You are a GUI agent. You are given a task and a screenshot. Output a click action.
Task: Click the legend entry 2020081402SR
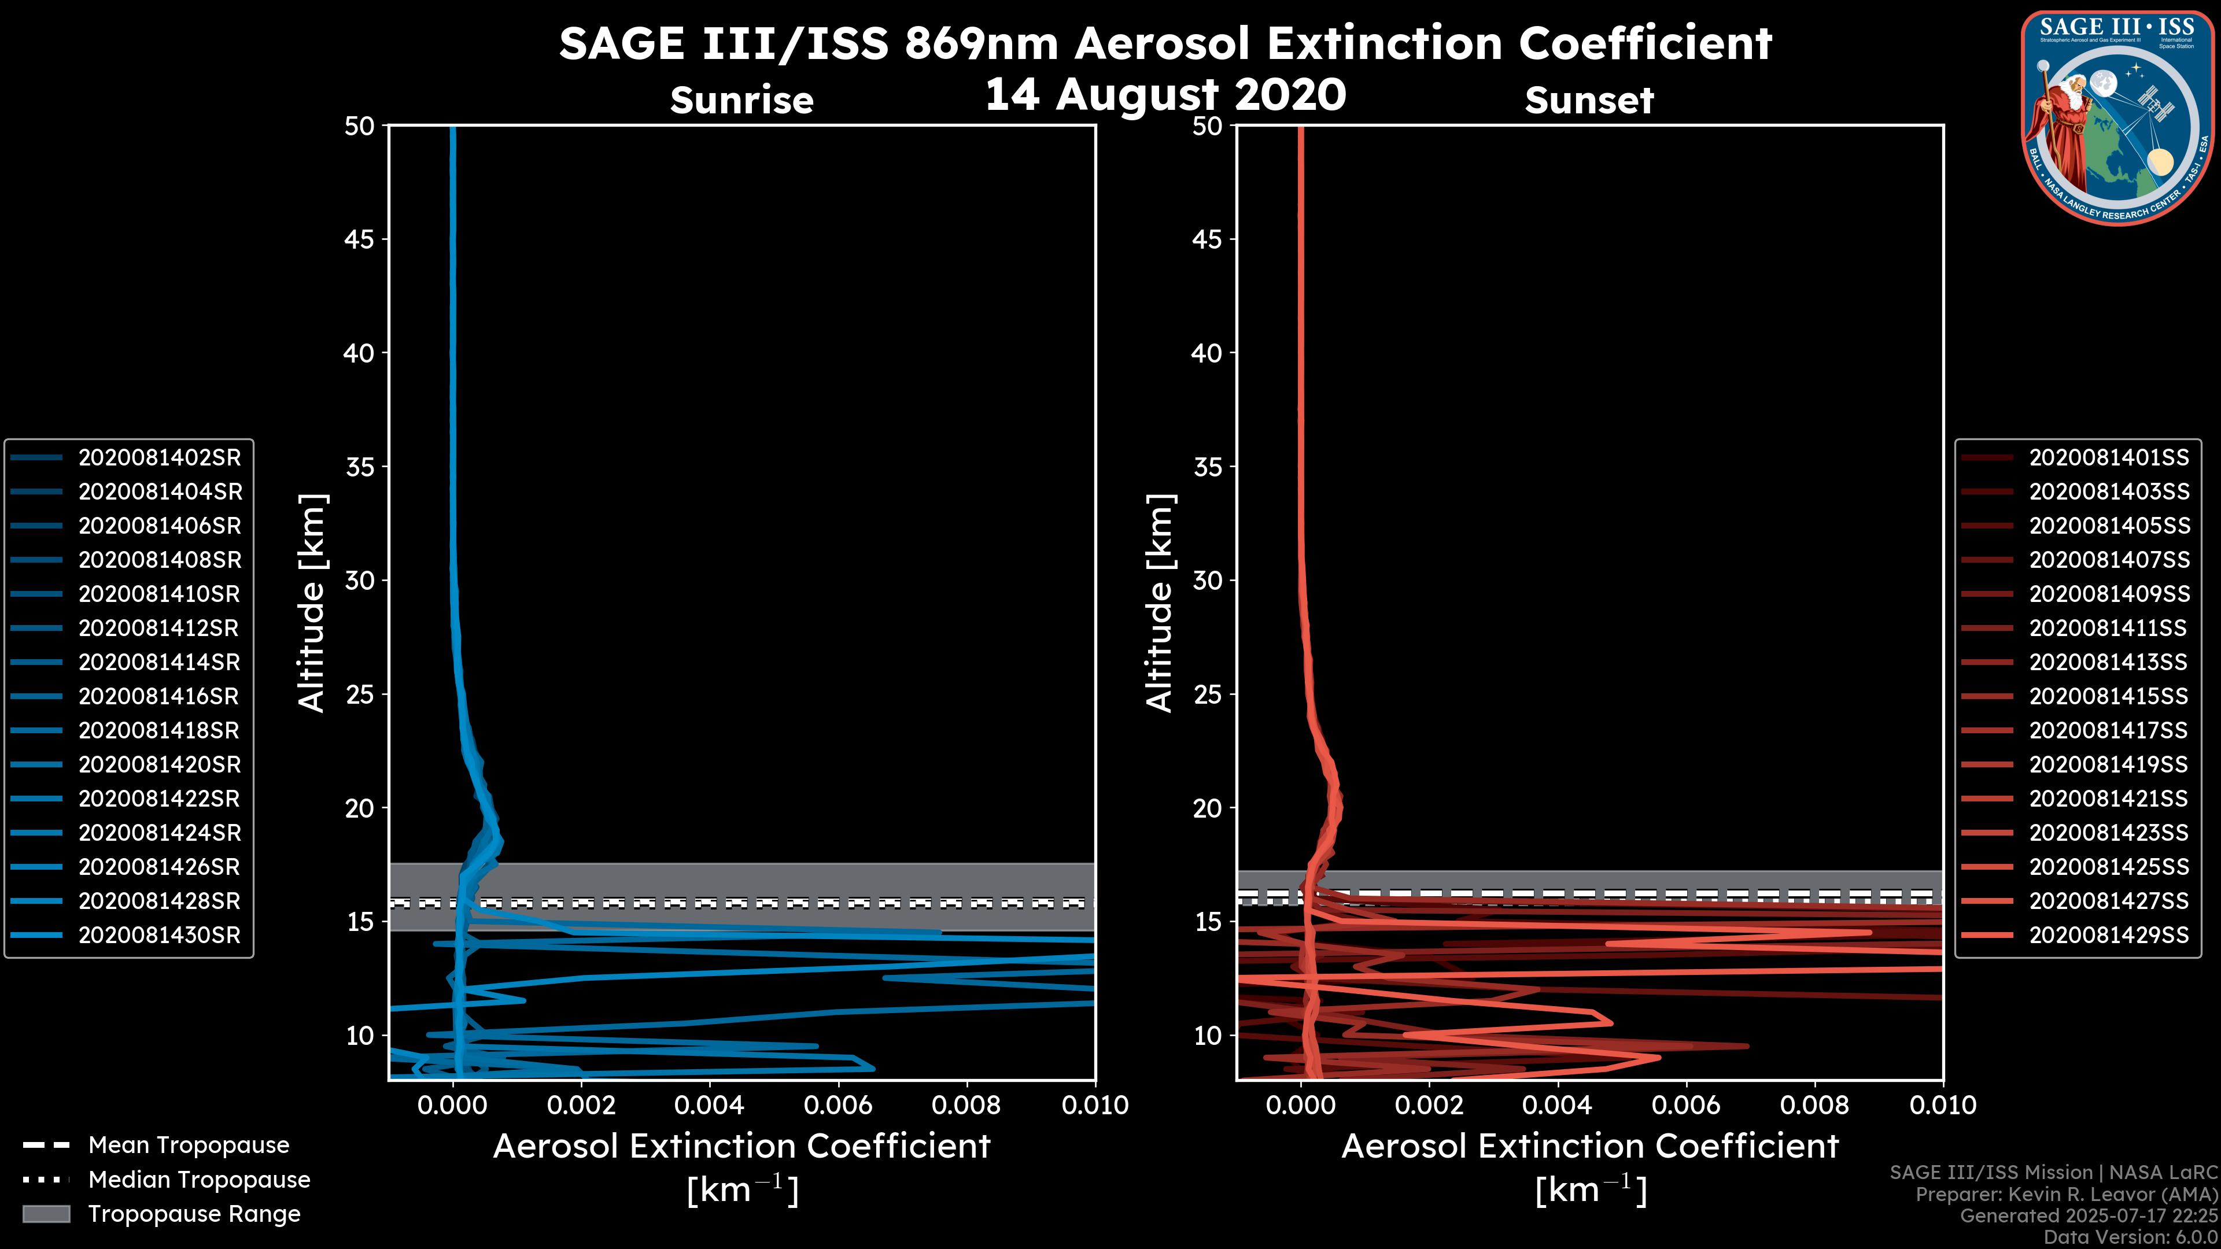pos(160,458)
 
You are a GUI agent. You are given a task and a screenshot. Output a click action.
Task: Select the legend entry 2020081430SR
pos(160,935)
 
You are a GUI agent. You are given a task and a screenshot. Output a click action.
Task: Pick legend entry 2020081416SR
pos(160,696)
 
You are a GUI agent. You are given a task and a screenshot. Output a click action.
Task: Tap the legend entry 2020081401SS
pos(2109,458)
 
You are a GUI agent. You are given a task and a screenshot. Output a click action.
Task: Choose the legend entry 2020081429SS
pos(2109,935)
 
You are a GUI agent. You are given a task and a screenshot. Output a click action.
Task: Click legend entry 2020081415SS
pos(2109,696)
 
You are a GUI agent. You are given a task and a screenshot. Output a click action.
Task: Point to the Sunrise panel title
pos(741,101)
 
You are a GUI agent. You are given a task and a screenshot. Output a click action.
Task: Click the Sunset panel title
pos(1589,101)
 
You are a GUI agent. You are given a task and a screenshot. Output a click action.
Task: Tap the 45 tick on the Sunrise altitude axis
pos(359,239)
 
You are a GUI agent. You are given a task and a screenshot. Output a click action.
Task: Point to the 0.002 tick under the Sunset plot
pos(1429,1105)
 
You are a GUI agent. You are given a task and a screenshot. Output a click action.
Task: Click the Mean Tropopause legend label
pos(189,1145)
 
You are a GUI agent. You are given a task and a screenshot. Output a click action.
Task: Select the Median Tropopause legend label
pos(199,1180)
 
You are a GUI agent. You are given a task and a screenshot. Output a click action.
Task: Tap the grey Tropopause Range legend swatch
pos(46,1214)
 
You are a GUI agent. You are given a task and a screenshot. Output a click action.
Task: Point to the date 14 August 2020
pos(1165,95)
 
